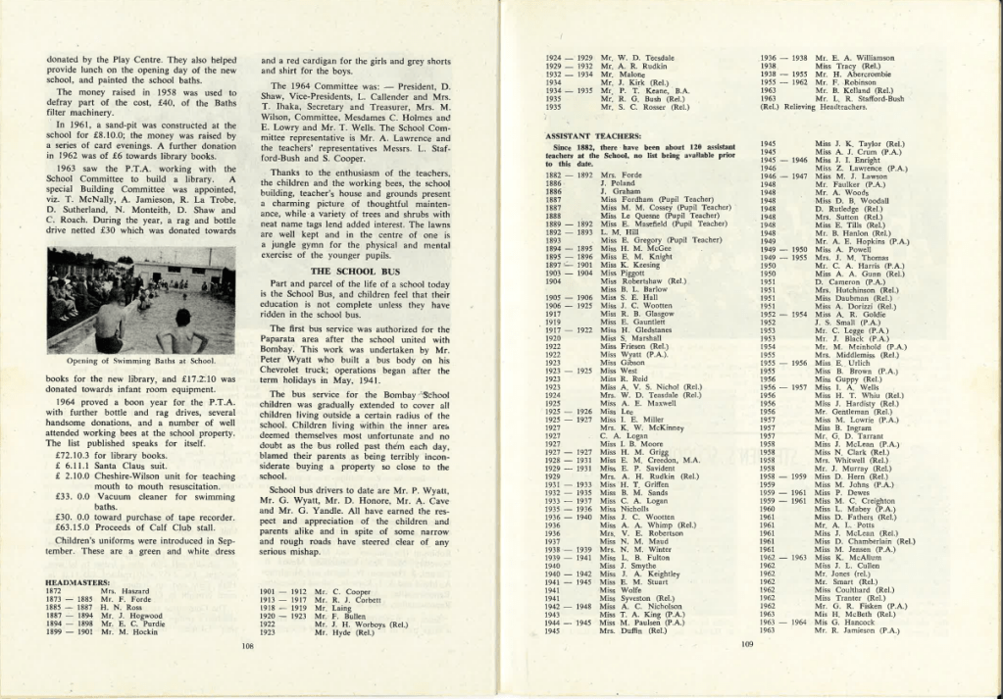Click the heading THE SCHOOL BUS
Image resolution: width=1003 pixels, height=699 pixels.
coord(356,270)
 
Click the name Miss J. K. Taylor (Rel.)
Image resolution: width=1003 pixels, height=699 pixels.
coord(860,143)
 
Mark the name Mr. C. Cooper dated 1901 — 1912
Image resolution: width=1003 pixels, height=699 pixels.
coord(342,591)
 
